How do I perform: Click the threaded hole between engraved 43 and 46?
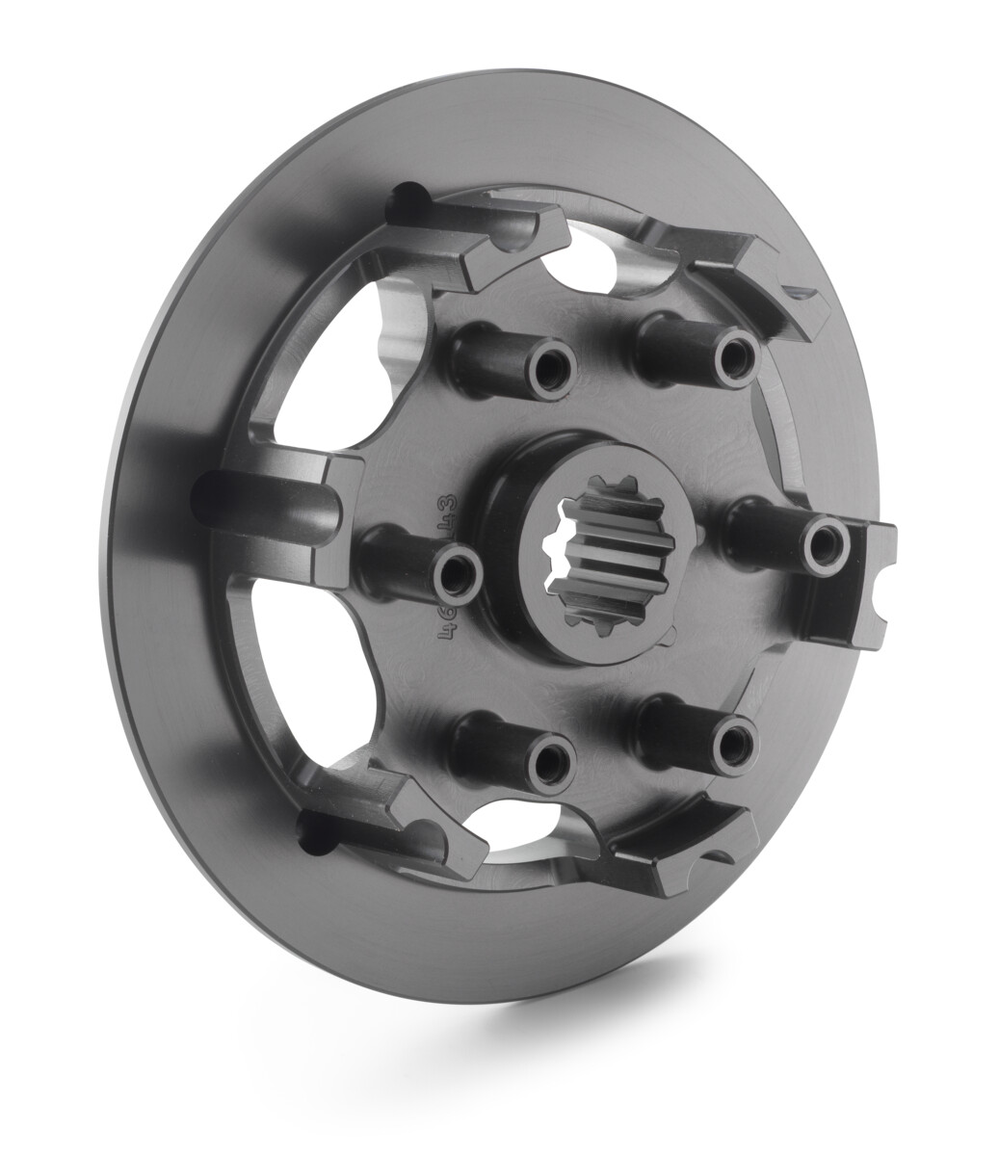coord(452,576)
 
